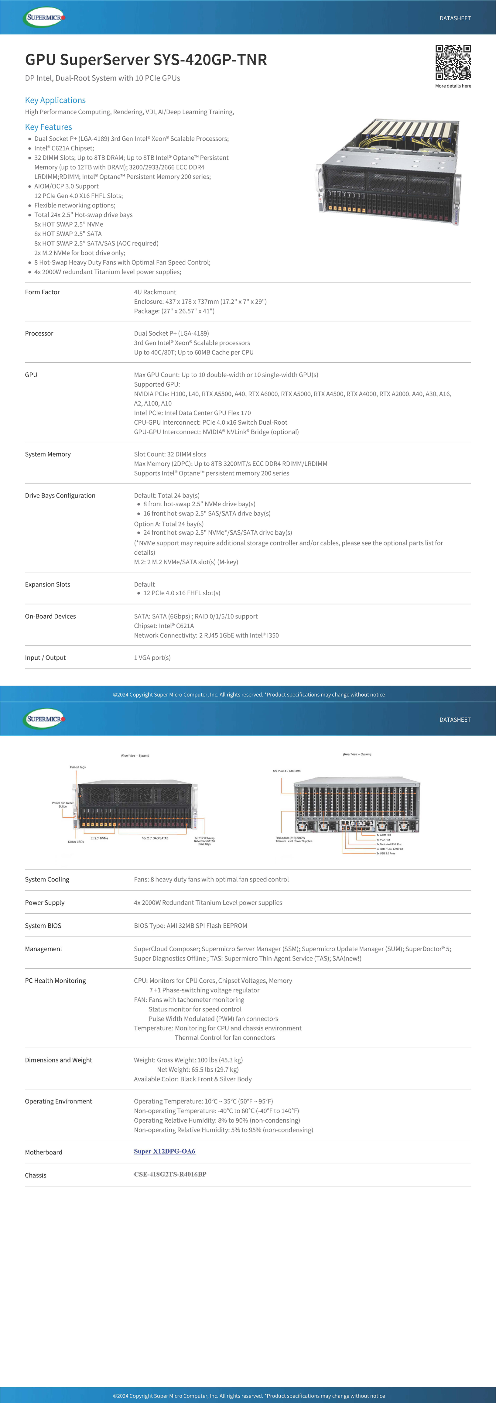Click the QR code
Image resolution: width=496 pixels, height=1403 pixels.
point(453,63)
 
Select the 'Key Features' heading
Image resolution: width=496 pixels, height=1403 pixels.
point(49,127)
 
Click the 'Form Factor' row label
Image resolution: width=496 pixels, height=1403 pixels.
point(43,292)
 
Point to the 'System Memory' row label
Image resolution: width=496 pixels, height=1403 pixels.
point(48,454)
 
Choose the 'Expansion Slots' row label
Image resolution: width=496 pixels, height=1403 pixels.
point(47,584)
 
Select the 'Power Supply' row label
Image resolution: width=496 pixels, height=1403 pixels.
point(45,902)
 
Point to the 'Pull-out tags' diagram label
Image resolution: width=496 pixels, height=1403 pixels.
point(78,767)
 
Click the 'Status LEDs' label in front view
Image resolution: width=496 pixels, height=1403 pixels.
point(76,841)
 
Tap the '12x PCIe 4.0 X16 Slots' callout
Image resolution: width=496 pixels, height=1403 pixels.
point(286,771)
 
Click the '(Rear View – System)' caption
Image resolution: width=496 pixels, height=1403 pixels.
point(357,754)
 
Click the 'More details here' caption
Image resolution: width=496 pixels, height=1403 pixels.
point(453,86)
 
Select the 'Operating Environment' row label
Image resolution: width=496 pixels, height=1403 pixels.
point(58,1101)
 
